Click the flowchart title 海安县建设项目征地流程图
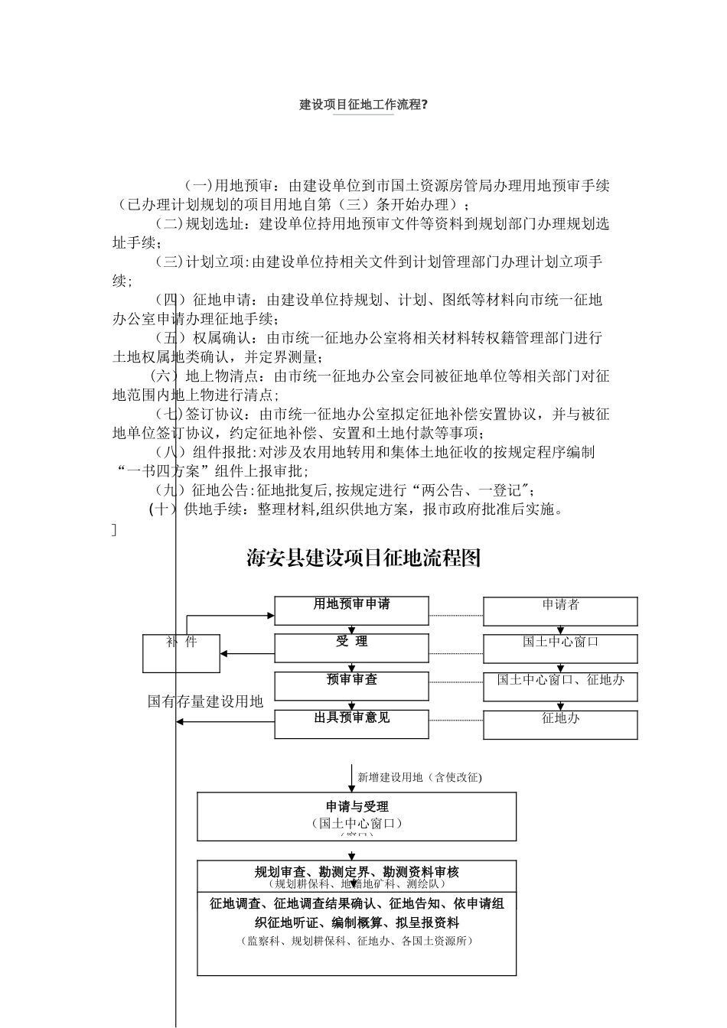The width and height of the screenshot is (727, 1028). click(364, 558)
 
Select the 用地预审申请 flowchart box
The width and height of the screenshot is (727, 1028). click(351, 610)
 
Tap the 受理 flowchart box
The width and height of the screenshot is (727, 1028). click(351, 648)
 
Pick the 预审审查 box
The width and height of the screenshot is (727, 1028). click(351, 686)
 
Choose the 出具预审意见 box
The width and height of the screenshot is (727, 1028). click(351, 724)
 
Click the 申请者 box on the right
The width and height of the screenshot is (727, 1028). click(560, 611)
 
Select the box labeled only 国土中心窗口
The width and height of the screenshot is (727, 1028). click(560, 649)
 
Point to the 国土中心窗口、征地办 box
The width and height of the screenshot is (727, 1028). click(560, 686)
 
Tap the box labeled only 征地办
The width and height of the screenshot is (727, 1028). click(560, 724)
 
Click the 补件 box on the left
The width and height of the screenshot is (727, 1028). click(181, 653)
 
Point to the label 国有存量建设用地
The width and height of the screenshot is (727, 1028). click(205, 701)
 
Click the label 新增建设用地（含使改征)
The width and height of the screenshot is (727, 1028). click(419, 777)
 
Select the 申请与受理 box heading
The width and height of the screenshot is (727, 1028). click(357, 807)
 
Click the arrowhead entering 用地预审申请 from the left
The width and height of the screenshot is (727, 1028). click(269, 615)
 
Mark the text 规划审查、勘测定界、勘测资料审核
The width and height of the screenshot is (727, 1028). click(357, 872)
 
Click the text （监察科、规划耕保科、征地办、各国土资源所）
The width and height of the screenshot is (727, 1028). click(357, 941)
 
